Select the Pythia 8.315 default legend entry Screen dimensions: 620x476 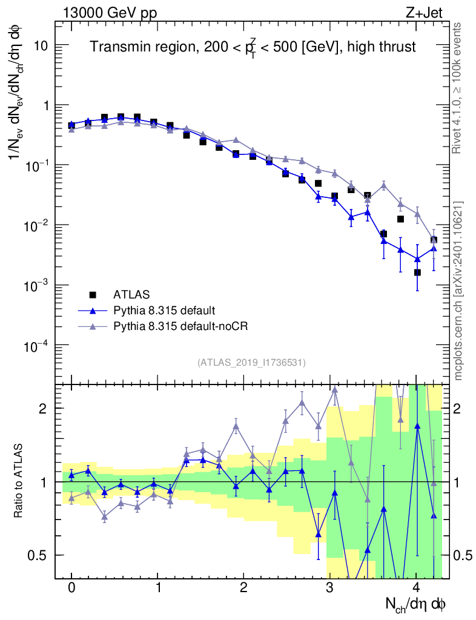pos(164,311)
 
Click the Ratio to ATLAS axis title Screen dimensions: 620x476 pos(20,481)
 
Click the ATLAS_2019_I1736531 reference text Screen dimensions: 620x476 pos(251,363)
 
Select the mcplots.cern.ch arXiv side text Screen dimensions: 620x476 pos(459,291)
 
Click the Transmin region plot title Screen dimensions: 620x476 pos(253,47)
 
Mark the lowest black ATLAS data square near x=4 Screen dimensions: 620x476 pos(417,272)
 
